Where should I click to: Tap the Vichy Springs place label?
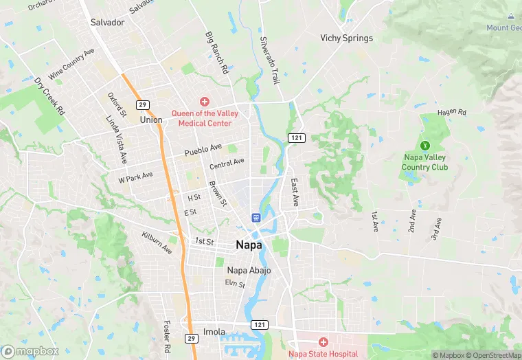(347, 38)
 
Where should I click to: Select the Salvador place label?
(107, 22)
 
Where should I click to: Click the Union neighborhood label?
(151, 120)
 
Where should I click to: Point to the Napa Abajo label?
(249, 270)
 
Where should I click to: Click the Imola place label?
(214, 332)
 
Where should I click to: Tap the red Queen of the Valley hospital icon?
(204, 102)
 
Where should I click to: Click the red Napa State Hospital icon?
(323, 341)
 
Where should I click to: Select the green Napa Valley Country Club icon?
(425, 146)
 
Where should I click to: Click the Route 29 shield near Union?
(142, 104)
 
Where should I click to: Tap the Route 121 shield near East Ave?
(296, 138)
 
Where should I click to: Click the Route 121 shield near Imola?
(259, 324)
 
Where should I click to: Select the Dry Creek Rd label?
(49, 95)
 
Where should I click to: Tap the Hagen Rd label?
(453, 112)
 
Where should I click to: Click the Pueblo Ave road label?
(203, 149)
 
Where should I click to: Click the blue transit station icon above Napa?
(256, 218)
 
